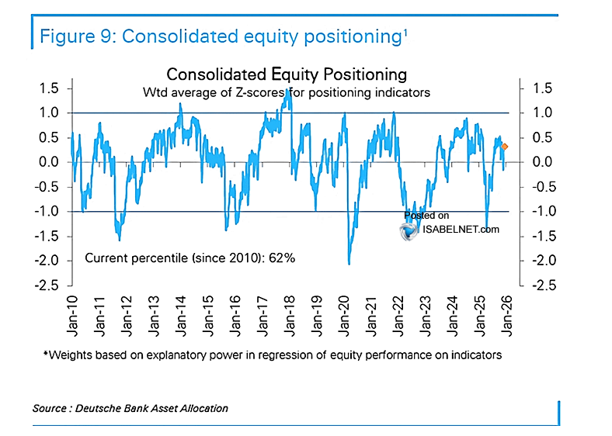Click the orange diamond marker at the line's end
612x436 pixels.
(505, 147)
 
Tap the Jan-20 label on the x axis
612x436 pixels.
(343, 316)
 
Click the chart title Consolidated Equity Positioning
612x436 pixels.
(287, 74)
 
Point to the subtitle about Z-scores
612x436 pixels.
(287, 92)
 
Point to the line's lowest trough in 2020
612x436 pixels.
(349, 264)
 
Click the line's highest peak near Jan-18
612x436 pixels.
(288, 89)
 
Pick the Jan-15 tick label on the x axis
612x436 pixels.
(207, 316)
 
